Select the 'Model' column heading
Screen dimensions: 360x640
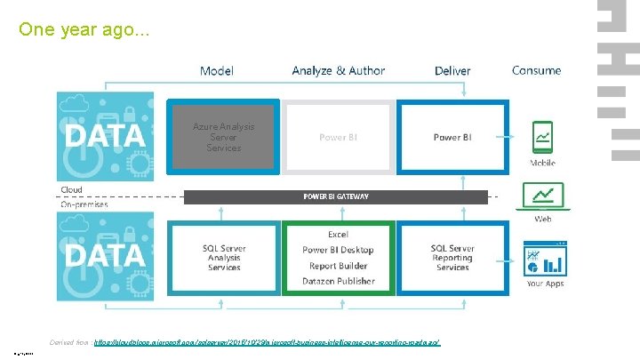tap(217, 70)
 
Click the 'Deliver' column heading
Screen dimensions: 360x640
tap(452, 70)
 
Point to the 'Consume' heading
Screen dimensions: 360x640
tap(536, 70)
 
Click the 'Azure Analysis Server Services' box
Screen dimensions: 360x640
tap(224, 137)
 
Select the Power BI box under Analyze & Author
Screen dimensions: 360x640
tap(339, 138)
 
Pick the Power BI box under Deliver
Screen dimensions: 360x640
tap(452, 138)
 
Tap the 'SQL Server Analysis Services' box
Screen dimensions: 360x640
tap(224, 258)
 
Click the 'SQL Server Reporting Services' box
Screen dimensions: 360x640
tap(452, 258)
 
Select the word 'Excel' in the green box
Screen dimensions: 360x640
tap(338, 234)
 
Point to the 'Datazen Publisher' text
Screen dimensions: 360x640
tap(338, 281)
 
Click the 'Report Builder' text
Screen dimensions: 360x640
tap(338, 266)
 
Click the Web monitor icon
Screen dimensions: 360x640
tap(542, 196)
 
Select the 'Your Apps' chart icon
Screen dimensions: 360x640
tap(546, 258)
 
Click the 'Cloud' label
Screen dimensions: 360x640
tap(71, 189)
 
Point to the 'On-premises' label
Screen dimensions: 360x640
tap(84, 204)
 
